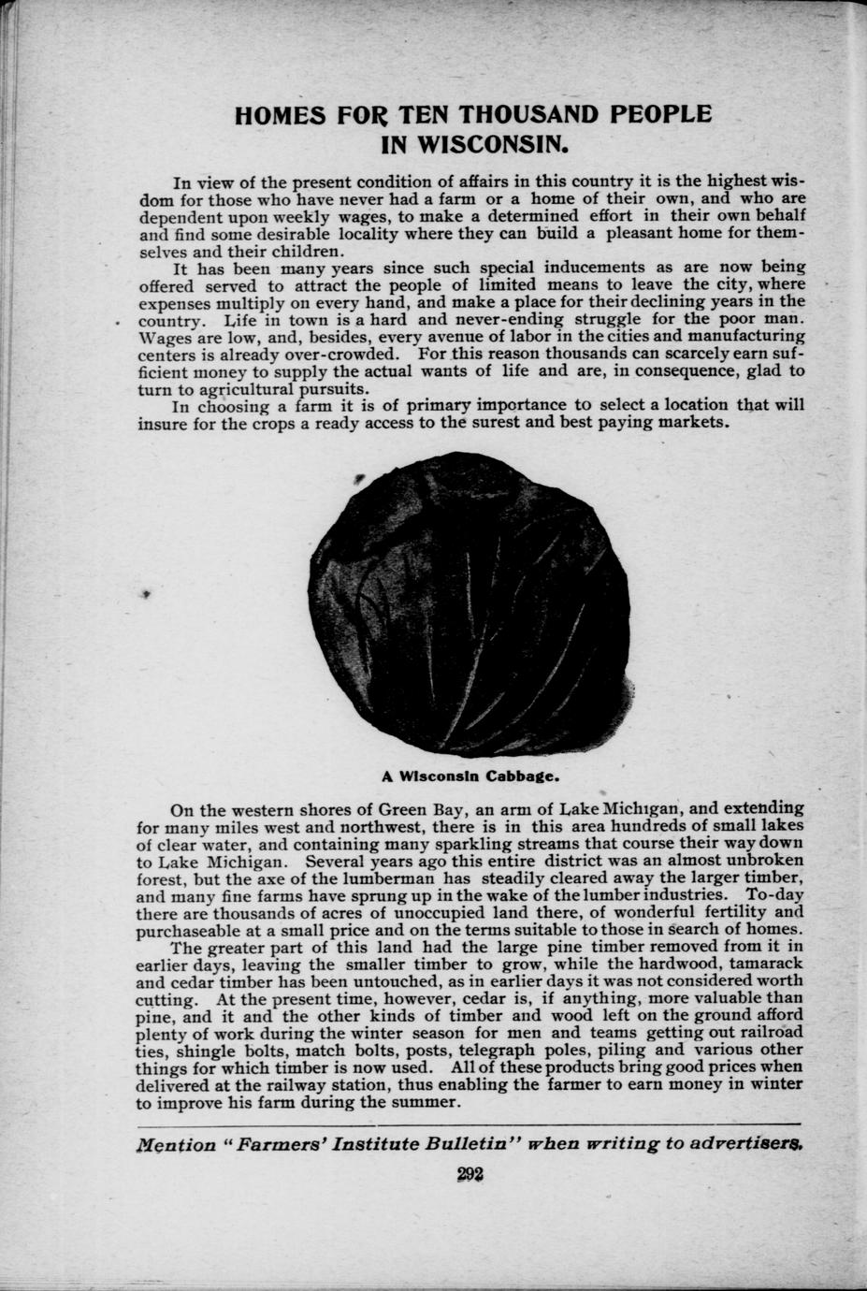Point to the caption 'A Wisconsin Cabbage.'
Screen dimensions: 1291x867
tap(470, 776)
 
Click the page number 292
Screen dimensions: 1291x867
tap(470, 1176)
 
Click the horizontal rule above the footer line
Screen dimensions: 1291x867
tap(469, 1124)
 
